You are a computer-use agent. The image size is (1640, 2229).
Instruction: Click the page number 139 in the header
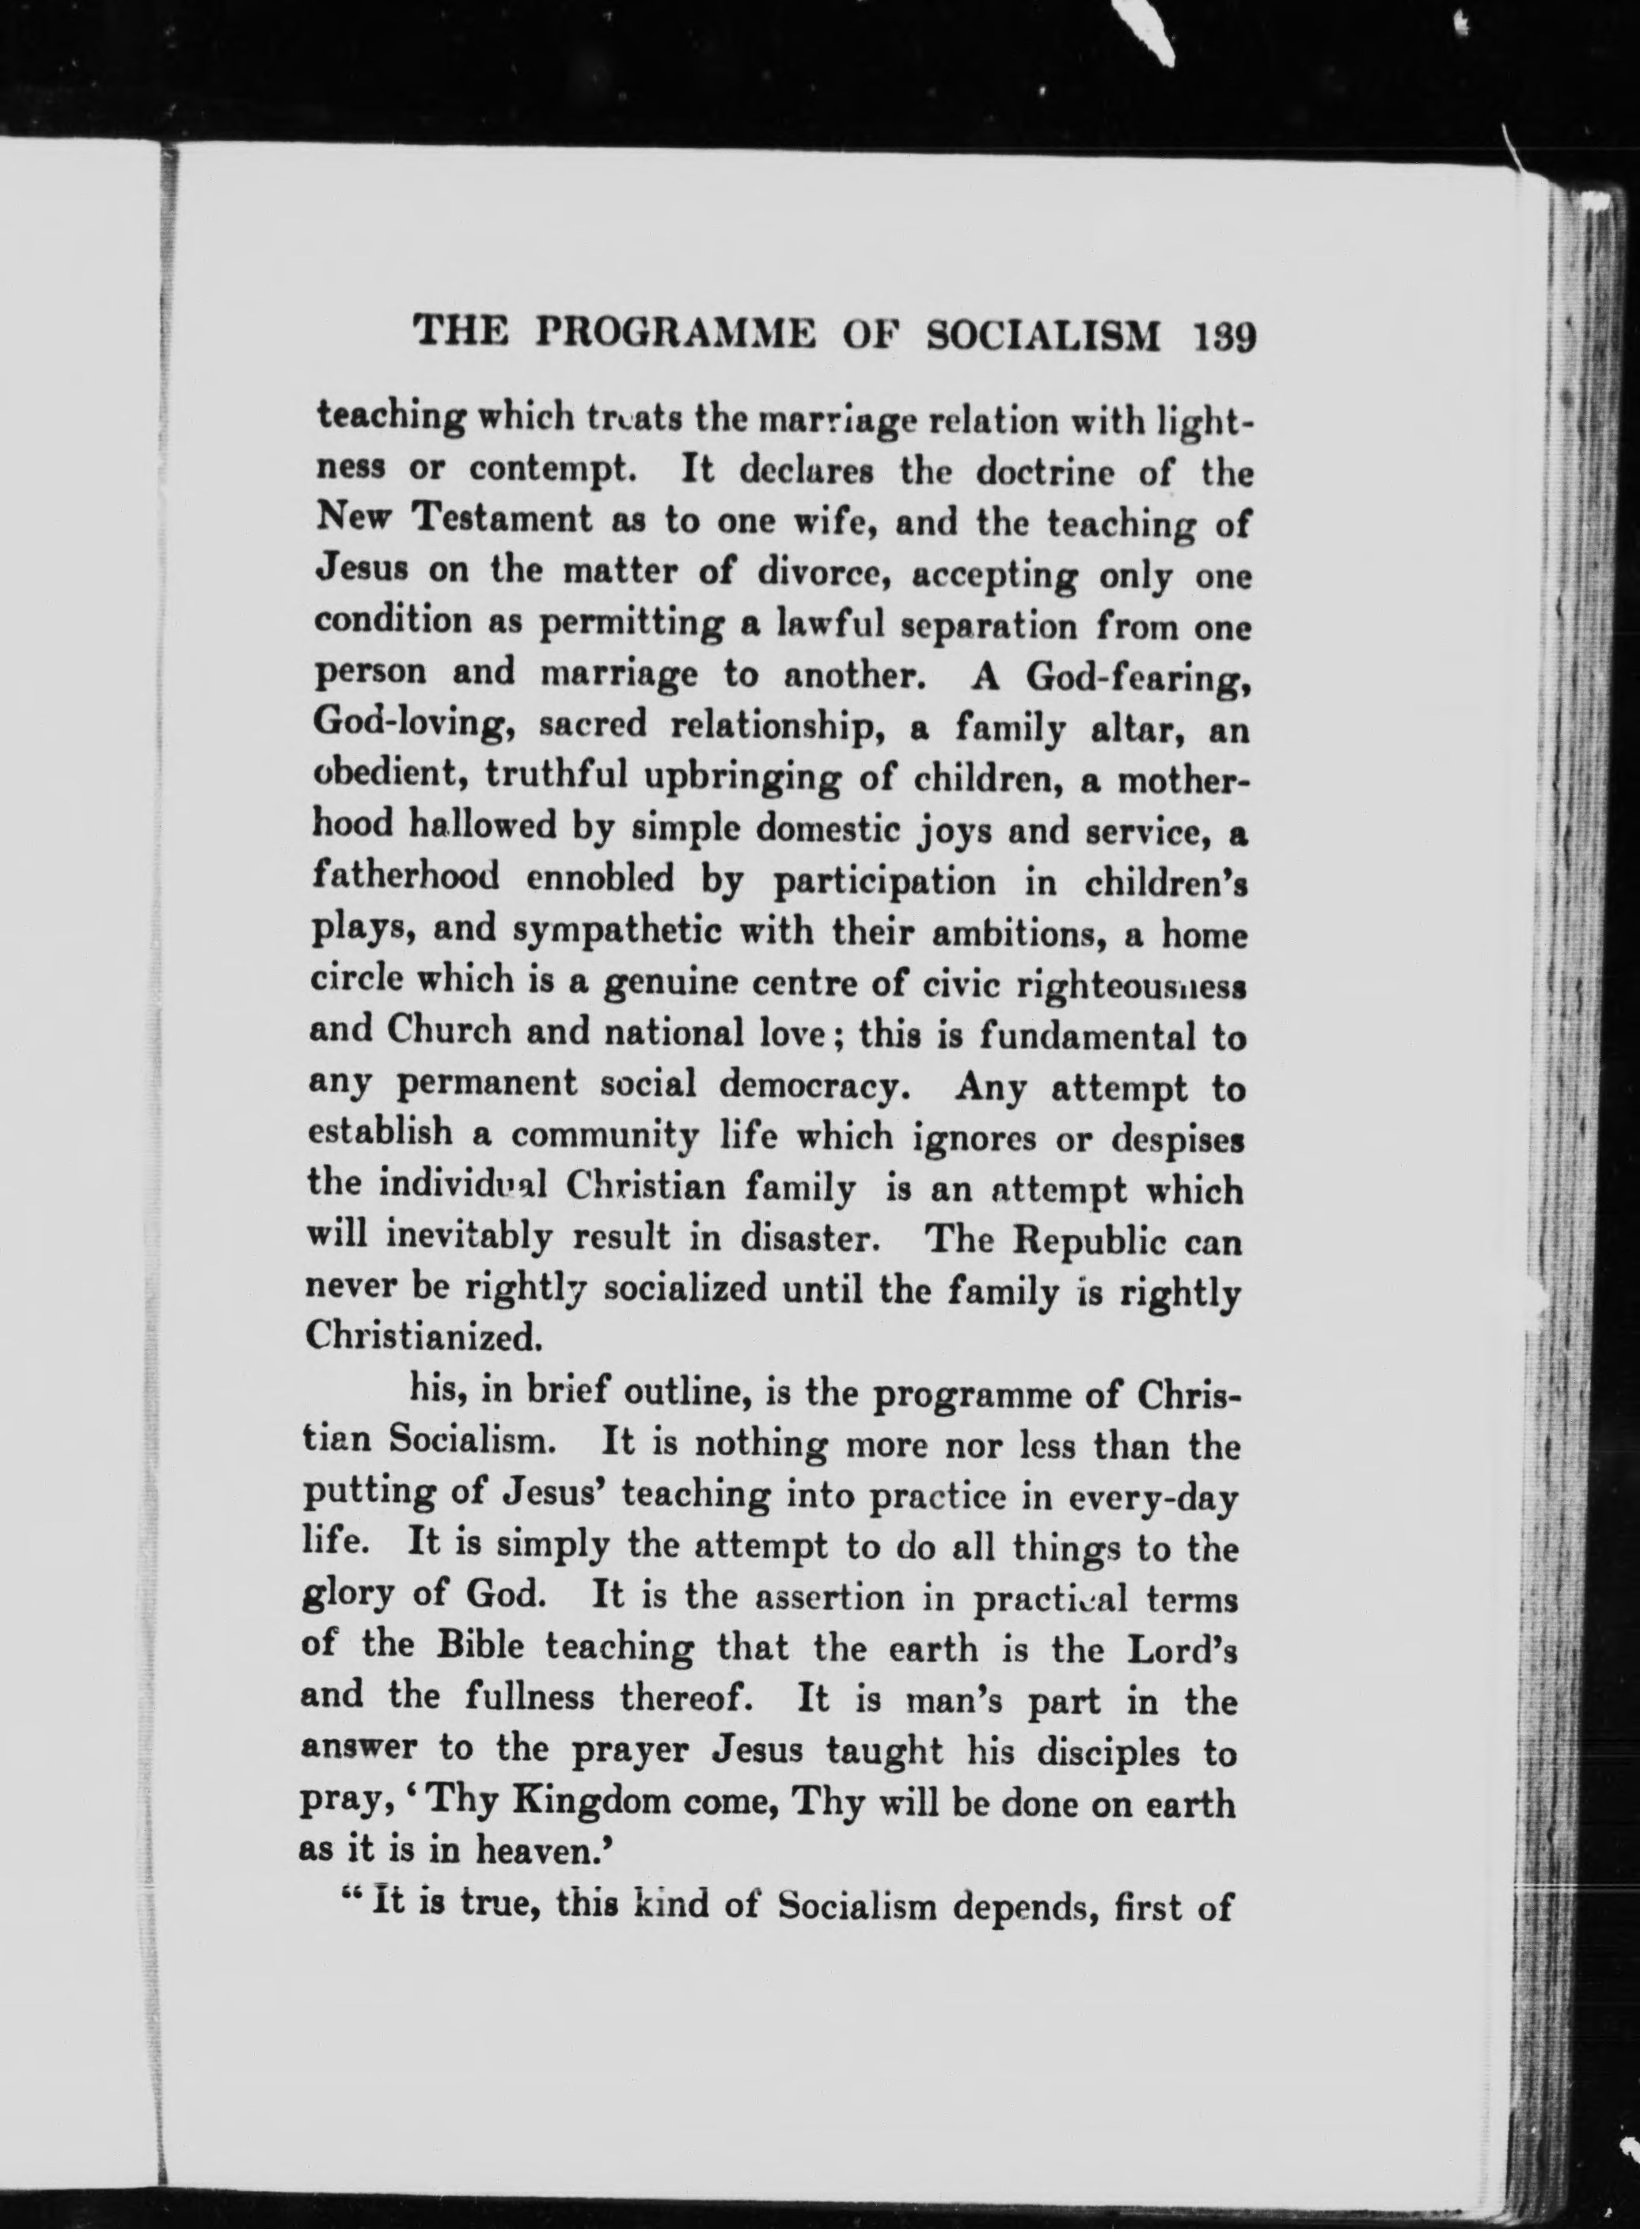[x=1222, y=335]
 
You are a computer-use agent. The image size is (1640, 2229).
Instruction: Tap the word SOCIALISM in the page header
[x=1042, y=335]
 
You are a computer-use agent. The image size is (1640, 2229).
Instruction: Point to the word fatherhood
[x=405, y=881]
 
